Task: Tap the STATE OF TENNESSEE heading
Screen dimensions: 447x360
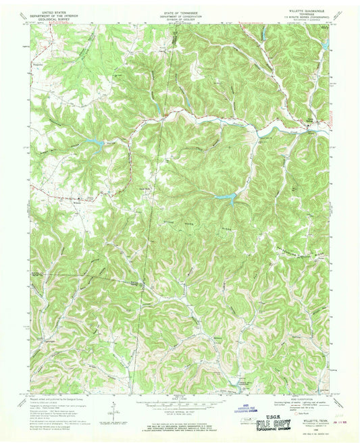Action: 179,12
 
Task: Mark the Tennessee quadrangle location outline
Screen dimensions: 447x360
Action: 257,419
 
